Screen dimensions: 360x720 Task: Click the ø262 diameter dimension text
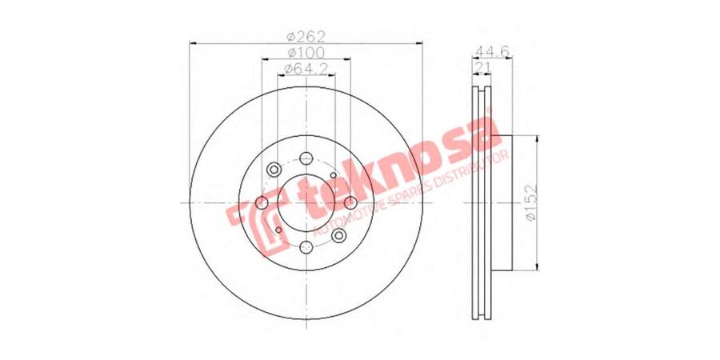click(x=306, y=36)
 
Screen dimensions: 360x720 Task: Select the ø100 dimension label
click(x=306, y=52)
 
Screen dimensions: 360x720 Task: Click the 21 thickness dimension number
click(x=482, y=69)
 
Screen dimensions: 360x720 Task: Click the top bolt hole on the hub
click(x=306, y=158)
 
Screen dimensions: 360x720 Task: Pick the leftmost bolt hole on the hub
click(x=262, y=202)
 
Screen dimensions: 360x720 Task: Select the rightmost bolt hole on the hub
click(x=350, y=202)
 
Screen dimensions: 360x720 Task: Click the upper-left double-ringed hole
click(x=274, y=170)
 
